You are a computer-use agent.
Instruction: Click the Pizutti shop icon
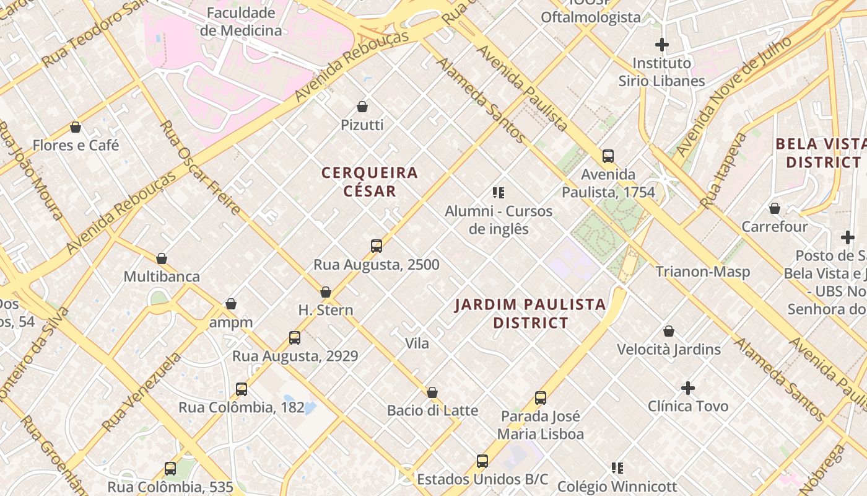[x=362, y=107]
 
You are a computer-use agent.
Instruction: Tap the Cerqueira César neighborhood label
[x=370, y=182]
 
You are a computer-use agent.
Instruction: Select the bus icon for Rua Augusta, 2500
[x=377, y=246]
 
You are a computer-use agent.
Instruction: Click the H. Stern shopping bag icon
[x=326, y=292]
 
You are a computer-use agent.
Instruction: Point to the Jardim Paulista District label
[x=530, y=313]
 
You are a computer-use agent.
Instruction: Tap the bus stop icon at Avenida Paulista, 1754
[x=608, y=156]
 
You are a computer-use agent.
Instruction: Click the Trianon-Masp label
[x=702, y=272]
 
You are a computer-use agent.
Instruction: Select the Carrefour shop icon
[x=774, y=208]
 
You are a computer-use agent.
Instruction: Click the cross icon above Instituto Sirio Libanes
[x=662, y=45]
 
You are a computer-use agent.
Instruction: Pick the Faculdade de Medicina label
[x=241, y=22]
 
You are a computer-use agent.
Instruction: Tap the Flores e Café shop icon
[x=76, y=127]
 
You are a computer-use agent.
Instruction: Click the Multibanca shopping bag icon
[x=162, y=259]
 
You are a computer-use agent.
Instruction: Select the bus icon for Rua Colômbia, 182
[x=242, y=389]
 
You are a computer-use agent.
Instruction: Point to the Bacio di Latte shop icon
[x=432, y=392]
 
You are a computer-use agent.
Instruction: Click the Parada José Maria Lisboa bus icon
[x=541, y=398]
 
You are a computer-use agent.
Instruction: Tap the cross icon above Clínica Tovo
[x=688, y=388]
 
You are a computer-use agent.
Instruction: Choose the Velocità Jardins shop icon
[x=669, y=331]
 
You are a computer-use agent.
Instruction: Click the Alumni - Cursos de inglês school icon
[x=499, y=193]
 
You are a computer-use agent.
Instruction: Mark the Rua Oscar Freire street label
[x=200, y=167]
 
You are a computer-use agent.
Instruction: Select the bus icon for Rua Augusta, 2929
[x=295, y=338]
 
